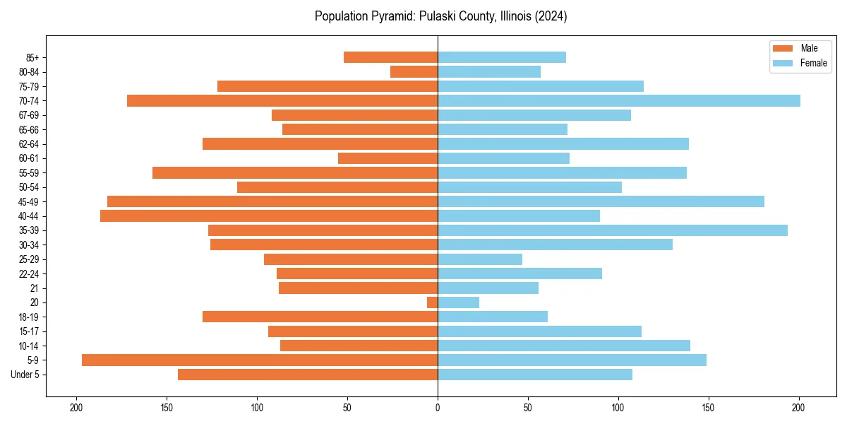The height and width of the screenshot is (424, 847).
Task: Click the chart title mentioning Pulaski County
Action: point(440,16)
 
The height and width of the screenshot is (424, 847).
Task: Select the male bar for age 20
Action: point(433,302)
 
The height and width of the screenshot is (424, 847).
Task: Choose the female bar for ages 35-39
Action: point(613,230)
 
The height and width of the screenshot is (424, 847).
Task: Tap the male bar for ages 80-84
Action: point(414,71)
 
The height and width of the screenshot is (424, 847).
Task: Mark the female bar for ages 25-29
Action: point(480,259)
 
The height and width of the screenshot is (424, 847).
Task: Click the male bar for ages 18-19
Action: point(320,317)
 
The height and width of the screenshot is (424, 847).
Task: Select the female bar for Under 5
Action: point(535,375)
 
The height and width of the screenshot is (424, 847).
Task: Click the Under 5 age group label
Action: point(25,375)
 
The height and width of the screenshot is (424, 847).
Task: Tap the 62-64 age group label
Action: point(29,143)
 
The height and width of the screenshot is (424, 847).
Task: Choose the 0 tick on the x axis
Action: point(438,408)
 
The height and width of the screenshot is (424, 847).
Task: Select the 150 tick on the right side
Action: point(709,408)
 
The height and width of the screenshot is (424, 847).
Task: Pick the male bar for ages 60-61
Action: point(388,158)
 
